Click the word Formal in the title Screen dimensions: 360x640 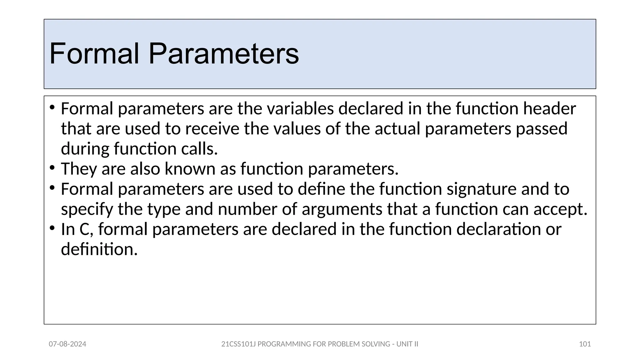pyautogui.click(x=94, y=54)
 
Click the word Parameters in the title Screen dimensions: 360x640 pyautogui.click(x=223, y=54)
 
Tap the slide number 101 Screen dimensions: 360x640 pyautogui.click(x=585, y=344)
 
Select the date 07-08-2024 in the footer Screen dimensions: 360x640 pyautogui.click(x=67, y=344)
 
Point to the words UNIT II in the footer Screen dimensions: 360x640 pyautogui.click(x=407, y=344)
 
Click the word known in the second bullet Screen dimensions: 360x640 pyautogui.click(x=190, y=169)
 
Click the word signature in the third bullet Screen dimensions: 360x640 pyautogui.click(x=481, y=189)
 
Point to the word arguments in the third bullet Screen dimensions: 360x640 pyautogui.click(x=342, y=209)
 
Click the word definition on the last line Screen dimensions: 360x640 pyautogui.click(x=99, y=249)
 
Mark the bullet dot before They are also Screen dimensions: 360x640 pyautogui.click(x=52, y=168)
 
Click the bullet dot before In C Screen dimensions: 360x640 pyautogui.click(x=52, y=228)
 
